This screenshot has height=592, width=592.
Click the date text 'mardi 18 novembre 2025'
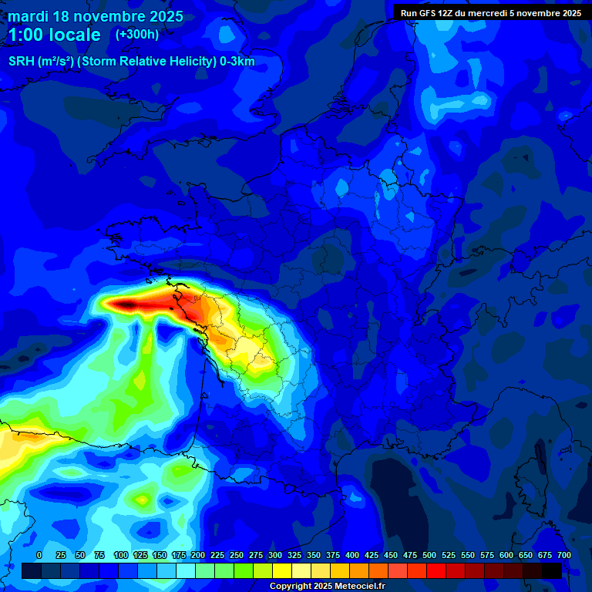(96, 16)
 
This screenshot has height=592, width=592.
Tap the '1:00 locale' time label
(54, 35)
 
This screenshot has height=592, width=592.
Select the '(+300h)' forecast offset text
(137, 34)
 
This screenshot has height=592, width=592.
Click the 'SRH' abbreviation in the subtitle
(21, 62)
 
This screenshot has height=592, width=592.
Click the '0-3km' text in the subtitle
(237, 62)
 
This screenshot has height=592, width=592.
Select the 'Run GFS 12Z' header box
(491, 12)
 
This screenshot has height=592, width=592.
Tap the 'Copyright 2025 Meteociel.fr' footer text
(327, 586)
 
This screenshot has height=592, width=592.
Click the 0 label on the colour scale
(39, 555)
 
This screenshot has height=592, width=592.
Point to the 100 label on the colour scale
(120, 555)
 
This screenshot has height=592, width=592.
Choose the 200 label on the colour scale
(198, 555)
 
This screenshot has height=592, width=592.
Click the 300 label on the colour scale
(275, 555)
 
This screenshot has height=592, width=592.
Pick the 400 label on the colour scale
(352, 555)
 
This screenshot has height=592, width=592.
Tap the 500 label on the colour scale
(429, 555)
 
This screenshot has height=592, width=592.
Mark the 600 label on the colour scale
(506, 555)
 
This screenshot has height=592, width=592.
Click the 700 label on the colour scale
(564, 555)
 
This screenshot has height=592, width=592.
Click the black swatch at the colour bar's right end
(552, 570)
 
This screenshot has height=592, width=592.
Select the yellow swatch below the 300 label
(282, 570)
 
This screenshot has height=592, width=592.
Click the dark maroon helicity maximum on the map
(127, 305)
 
